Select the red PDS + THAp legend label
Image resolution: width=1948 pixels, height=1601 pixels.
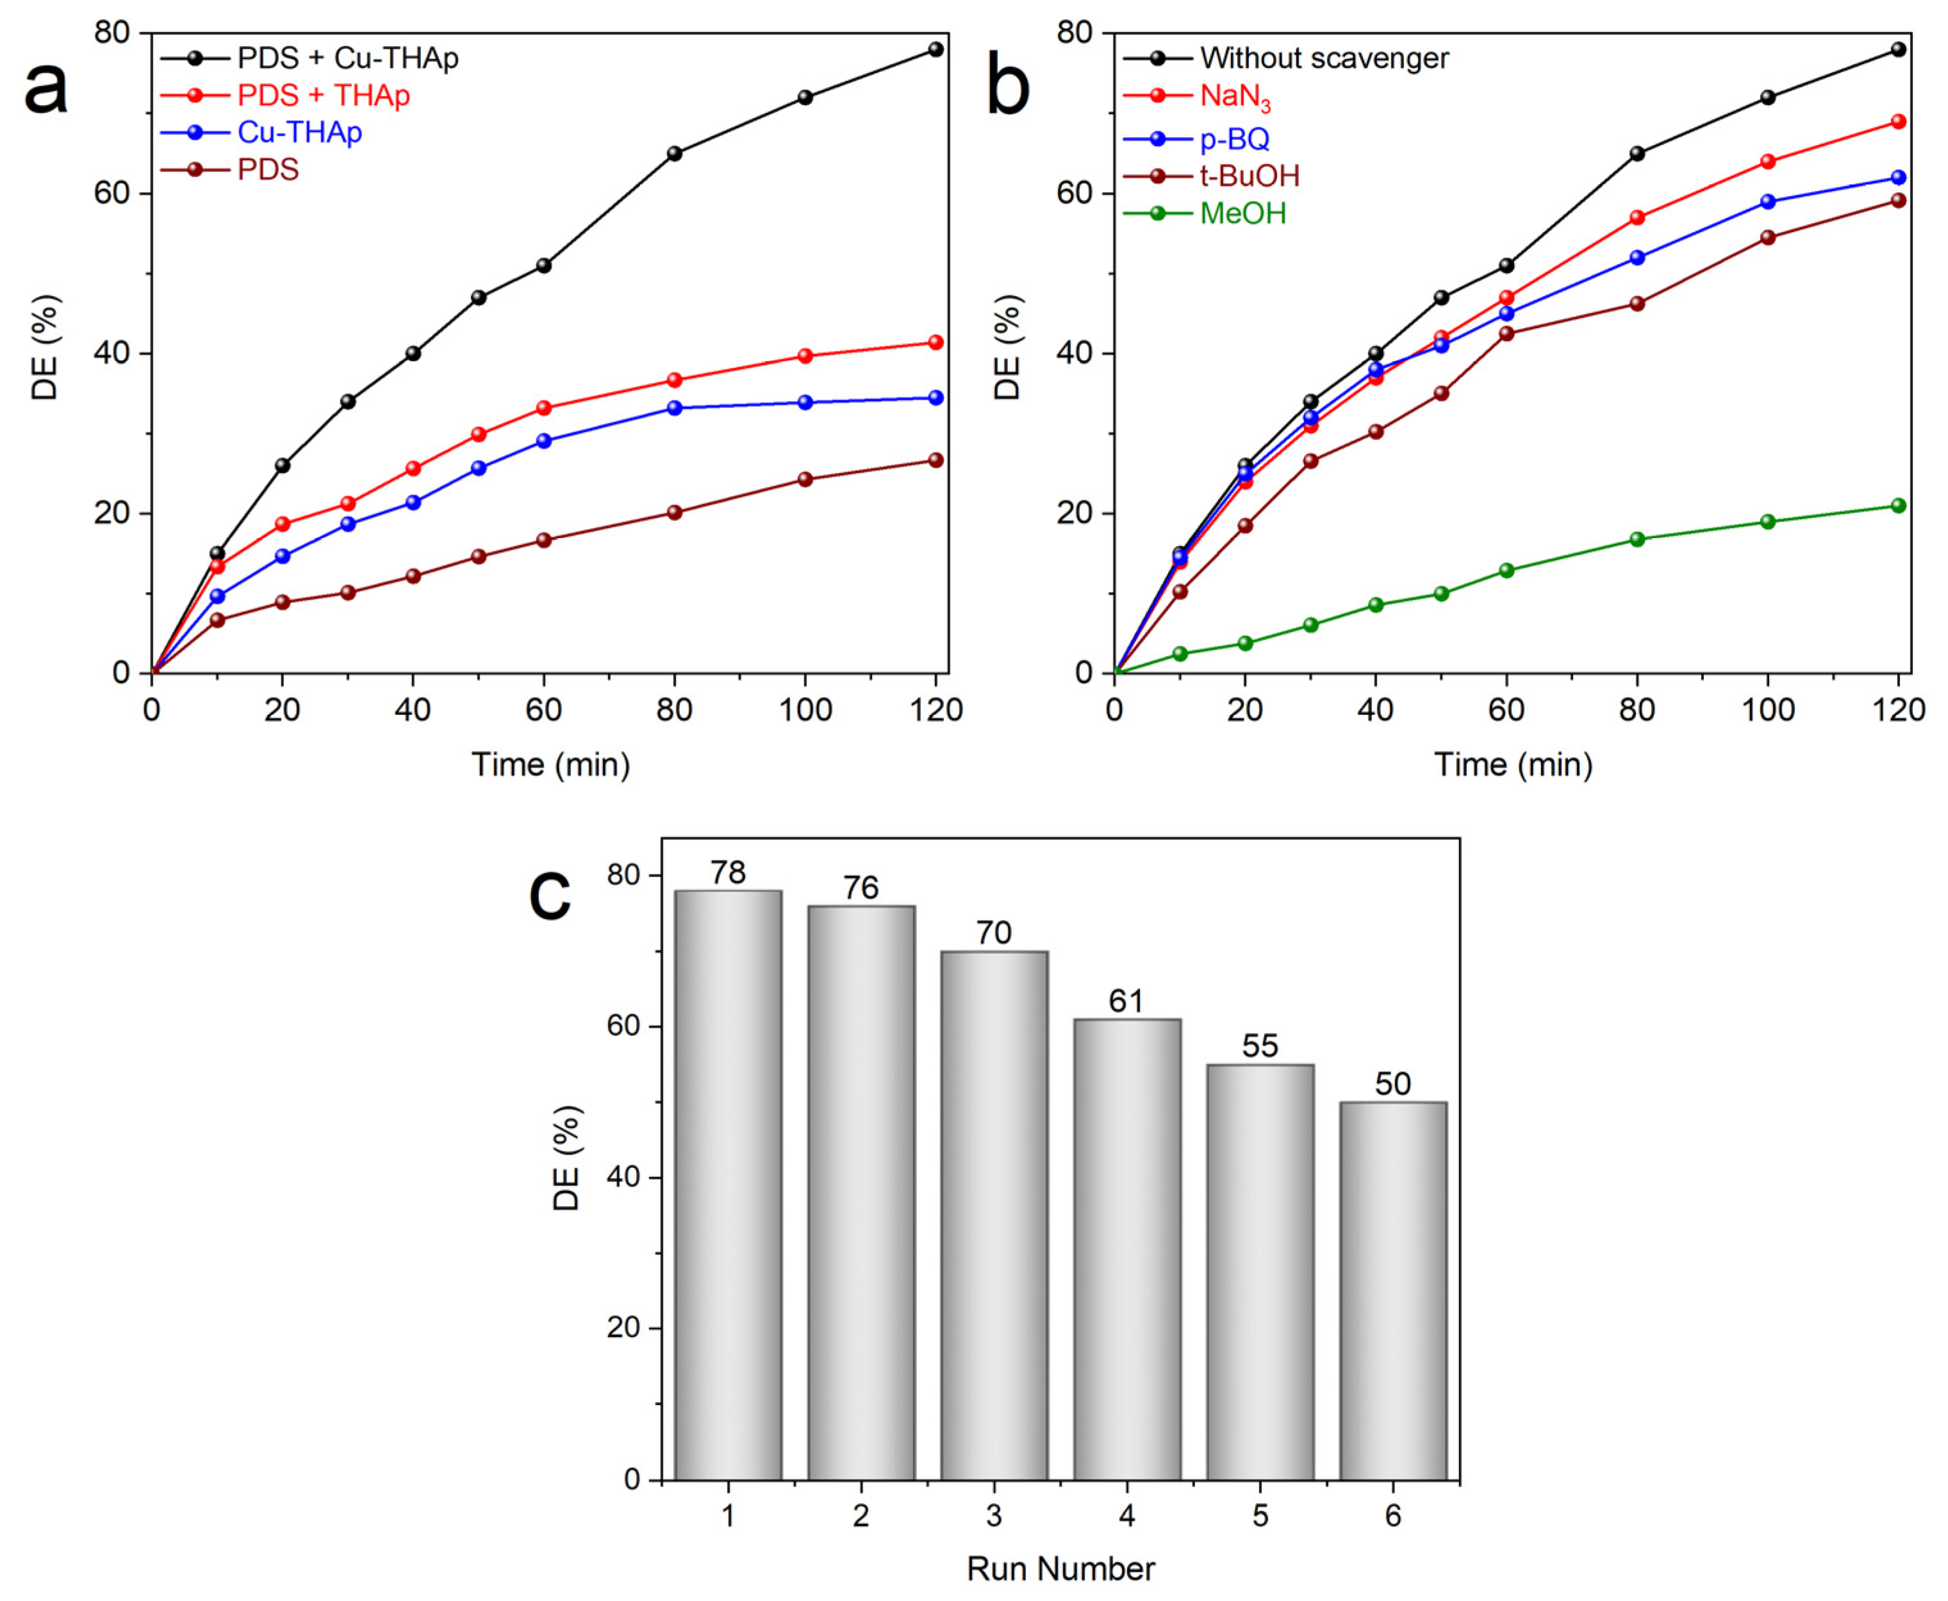pyautogui.click(x=323, y=95)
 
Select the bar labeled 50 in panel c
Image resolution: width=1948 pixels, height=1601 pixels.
pyautogui.click(x=1392, y=1291)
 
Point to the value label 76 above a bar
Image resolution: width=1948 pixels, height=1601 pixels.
pyautogui.click(x=860, y=888)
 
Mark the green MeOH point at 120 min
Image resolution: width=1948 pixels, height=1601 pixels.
pyautogui.click(x=1897, y=505)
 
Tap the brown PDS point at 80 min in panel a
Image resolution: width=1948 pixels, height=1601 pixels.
pyautogui.click(x=674, y=513)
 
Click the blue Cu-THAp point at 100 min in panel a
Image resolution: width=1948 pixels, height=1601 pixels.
pyautogui.click(x=805, y=402)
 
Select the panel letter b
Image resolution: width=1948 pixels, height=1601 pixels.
pyautogui.click(x=1007, y=88)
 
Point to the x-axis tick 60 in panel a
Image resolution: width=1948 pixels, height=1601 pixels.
pyautogui.click(x=543, y=709)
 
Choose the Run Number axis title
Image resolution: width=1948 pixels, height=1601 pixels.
pyautogui.click(x=1060, y=1569)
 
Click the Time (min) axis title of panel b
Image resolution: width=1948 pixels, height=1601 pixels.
pyautogui.click(x=1513, y=764)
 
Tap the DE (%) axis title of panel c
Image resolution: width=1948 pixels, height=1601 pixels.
pyautogui.click(x=566, y=1158)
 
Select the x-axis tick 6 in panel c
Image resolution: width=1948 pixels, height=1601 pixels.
pyautogui.click(x=1392, y=1515)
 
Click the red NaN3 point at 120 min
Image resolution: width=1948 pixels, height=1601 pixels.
pyautogui.click(x=1897, y=122)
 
